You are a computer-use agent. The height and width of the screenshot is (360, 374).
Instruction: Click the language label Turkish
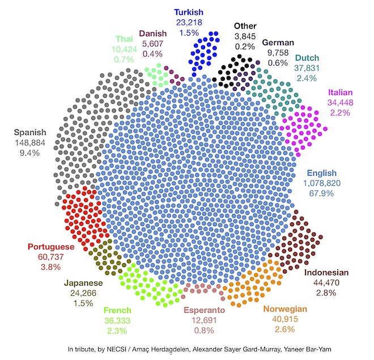tap(189, 12)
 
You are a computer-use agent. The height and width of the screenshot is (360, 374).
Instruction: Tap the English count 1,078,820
tap(322, 184)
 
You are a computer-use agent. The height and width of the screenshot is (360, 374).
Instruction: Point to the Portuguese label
tap(51, 247)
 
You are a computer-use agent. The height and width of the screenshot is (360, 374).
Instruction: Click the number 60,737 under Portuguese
tap(51, 257)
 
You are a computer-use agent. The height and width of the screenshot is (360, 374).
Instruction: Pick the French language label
tap(117, 311)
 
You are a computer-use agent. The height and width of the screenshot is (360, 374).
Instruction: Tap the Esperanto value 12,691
tap(204, 321)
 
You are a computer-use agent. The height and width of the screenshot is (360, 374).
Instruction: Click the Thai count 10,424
tap(125, 49)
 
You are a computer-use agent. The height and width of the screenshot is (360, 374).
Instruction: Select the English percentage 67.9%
tap(322, 194)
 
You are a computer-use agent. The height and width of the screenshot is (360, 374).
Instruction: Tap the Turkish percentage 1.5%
tap(189, 32)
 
